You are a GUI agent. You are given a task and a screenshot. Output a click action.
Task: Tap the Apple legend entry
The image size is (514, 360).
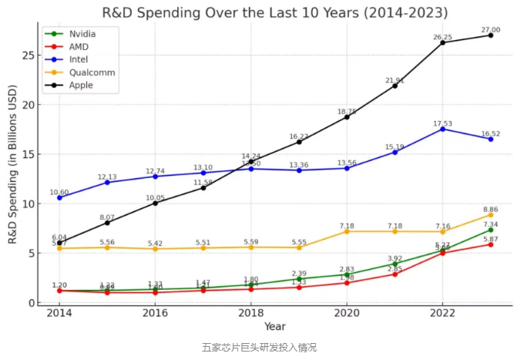coord(80,85)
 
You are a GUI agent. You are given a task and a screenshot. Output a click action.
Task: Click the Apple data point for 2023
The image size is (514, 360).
coord(490,35)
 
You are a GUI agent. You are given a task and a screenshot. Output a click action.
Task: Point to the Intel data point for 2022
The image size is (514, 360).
coord(442,129)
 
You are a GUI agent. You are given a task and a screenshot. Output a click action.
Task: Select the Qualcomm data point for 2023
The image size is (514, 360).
coord(490,215)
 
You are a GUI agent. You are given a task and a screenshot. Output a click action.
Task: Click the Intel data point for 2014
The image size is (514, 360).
coord(59,197)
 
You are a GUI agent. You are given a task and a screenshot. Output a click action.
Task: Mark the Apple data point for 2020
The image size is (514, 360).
coord(347,116)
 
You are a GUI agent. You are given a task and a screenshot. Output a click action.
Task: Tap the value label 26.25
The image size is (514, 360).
coord(442,36)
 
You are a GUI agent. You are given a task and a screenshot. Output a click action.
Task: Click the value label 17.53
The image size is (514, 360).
coord(442,123)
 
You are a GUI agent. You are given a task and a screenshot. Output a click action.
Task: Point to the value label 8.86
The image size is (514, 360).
coord(490,209)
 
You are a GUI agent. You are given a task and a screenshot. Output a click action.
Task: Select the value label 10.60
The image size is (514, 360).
coord(59,191)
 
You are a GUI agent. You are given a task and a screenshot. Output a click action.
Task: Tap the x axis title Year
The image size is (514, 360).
coord(274,327)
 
